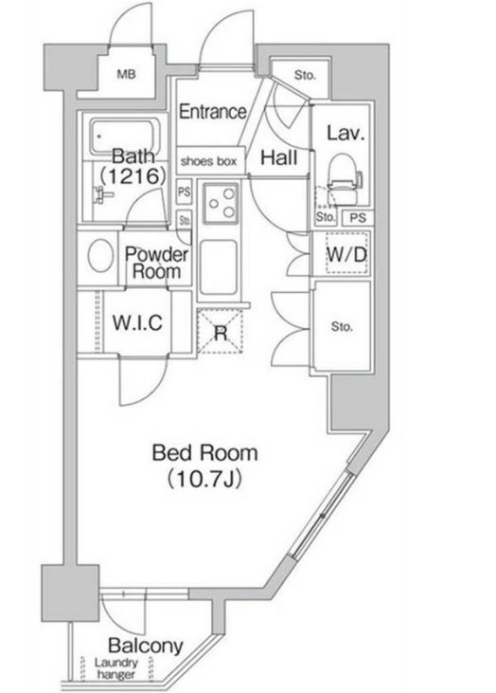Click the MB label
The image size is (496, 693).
click(126, 74)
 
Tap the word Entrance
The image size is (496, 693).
click(212, 111)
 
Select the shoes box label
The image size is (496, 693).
click(209, 161)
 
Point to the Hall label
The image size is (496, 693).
click(278, 157)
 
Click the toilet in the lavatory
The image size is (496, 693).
click(345, 180)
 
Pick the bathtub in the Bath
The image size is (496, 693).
click(125, 137)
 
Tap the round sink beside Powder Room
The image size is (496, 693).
click(100, 255)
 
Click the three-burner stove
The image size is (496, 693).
click(221, 204)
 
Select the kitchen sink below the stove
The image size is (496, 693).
click(219, 267)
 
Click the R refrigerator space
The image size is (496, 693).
click(221, 332)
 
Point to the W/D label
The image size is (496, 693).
click(346, 254)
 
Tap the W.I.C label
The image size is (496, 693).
click(137, 322)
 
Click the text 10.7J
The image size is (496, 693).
click(204, 479)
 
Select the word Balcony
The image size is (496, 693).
click(146, 646)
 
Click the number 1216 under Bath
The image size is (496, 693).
click(133, 176)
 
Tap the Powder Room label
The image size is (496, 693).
click(156, 263)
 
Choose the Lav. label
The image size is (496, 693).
click(345, 133)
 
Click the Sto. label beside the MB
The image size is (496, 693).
click(305, 75)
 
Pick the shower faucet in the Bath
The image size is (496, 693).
click(102, 194)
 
